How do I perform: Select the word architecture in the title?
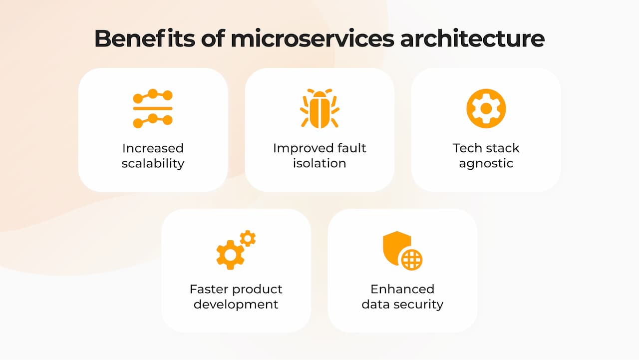[472, 39]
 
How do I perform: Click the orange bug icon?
[319, 108]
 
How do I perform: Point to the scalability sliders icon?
[153, 108]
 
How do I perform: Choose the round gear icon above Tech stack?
[486, 108]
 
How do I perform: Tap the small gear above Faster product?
[248, 238]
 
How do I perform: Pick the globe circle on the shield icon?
[412, 260]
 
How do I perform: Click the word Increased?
[153, 148]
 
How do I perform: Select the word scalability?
[153, 163]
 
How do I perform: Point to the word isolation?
[319, 163]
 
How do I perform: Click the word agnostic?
[486, 164]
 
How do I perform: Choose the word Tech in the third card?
[464, 148]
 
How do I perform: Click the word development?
[236, 305]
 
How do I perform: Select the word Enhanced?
[402, 289]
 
